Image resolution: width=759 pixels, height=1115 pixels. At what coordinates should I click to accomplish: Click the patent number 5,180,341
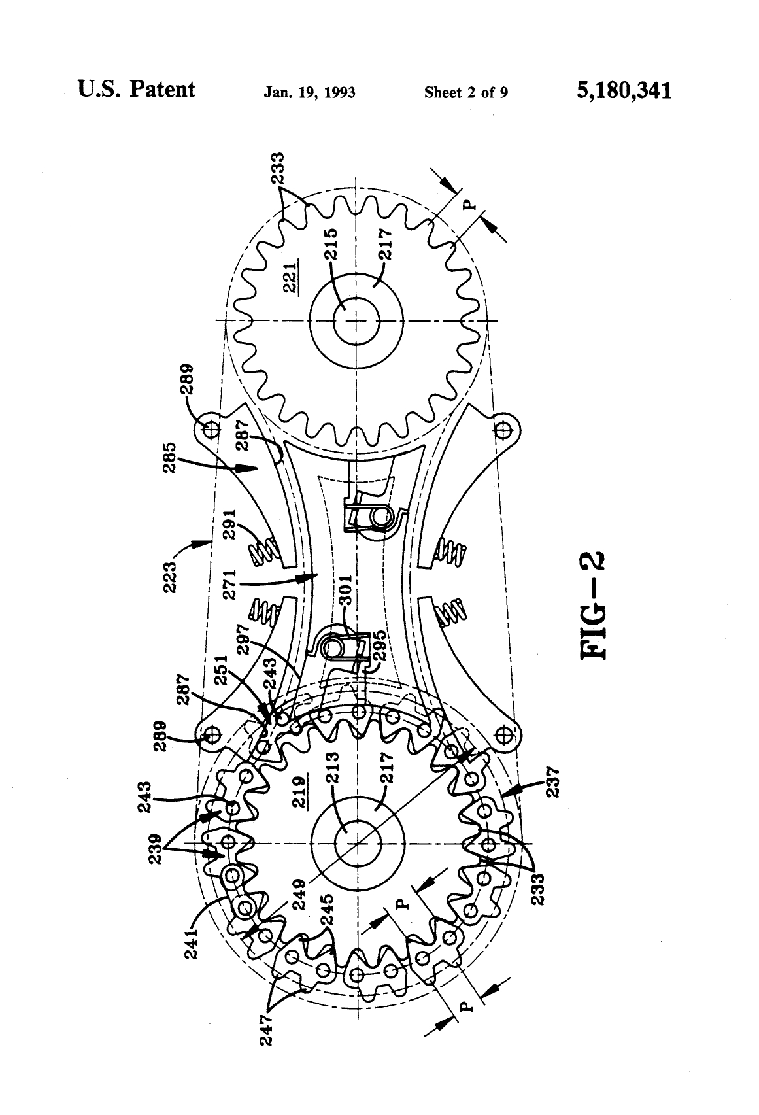click(x=624, y=90)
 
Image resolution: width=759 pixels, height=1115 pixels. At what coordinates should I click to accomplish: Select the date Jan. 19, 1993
click(x=309, y=92)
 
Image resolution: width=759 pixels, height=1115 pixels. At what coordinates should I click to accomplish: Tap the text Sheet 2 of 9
click(x=466, y=92)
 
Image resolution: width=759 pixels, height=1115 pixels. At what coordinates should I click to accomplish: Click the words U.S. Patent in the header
click(x=136, y=90)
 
